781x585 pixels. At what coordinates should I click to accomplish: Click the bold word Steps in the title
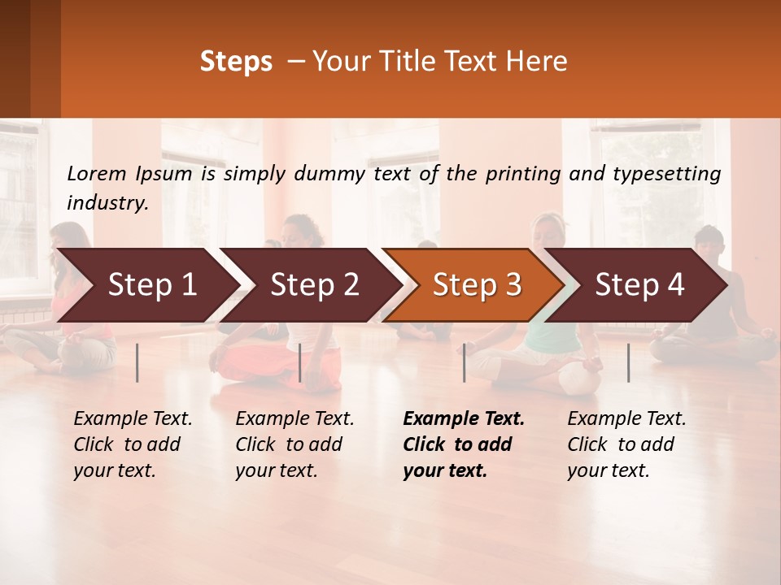coord(236,62)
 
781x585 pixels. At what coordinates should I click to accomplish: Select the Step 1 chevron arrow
coord(146,285)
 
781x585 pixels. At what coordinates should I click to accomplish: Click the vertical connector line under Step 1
coord(137,362)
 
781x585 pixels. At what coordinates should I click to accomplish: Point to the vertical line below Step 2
coord(300,362)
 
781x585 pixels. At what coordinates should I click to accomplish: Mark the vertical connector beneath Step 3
coord(465,362)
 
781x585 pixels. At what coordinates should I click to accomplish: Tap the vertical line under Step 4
coord(629,362)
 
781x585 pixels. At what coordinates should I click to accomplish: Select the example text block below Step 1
coord(133,444)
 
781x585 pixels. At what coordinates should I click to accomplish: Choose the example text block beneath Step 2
coord(295,444)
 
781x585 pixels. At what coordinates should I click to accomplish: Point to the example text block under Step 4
coord(626,444)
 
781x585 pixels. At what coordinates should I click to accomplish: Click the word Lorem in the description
coord(97,174)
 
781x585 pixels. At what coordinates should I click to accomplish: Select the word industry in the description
coord(107,203)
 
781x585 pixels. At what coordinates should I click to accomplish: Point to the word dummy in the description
coord(329,174)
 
